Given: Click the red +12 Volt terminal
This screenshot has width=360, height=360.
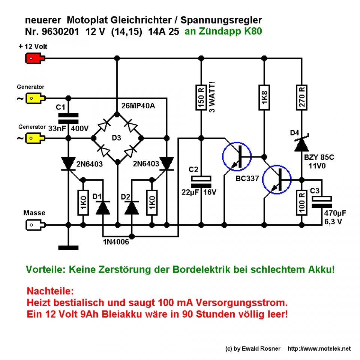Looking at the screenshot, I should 35,58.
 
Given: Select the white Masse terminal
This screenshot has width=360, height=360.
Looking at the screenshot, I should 35,225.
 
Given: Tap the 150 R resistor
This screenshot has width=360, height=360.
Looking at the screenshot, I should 201,97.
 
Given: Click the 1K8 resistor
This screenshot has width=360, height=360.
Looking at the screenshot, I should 265,97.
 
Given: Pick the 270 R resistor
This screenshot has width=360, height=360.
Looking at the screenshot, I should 301,97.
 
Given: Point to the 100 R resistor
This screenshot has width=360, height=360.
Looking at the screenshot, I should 301,202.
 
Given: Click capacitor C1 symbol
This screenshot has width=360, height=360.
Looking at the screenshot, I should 68,118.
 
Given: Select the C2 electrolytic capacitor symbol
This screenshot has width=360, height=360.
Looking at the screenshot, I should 201,181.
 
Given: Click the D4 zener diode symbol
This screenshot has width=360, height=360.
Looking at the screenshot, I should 301,144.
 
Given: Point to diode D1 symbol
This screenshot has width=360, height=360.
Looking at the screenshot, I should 102,206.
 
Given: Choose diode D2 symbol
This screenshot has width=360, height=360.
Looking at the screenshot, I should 132,206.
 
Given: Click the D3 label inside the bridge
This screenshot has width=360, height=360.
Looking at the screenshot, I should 117,138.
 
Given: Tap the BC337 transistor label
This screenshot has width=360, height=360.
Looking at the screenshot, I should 247,179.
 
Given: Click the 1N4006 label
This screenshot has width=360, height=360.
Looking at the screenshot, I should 116,243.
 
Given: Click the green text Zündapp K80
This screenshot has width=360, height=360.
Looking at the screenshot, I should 223,32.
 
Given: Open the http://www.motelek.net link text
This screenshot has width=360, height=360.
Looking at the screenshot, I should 319,348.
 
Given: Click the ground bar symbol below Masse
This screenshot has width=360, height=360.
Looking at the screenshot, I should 68,247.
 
